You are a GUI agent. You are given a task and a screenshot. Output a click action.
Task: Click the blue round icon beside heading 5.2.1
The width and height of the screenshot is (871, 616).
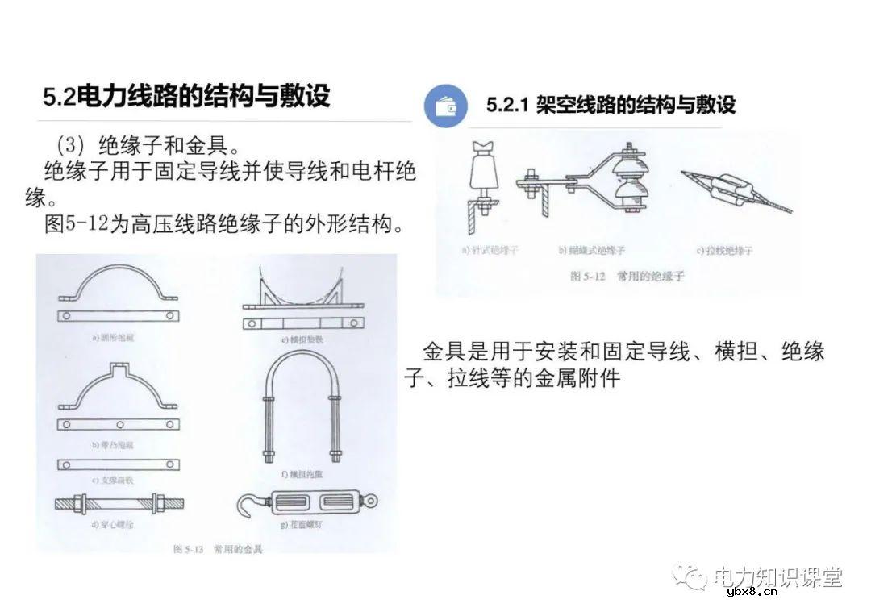point(445,106)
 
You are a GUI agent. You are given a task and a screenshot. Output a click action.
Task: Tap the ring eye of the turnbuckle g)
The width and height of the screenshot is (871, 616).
point(370,502)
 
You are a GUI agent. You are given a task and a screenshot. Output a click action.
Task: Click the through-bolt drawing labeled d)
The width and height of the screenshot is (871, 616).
point(119,504)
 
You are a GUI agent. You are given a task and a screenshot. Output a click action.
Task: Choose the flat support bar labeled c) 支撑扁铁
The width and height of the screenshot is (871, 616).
point(118,464)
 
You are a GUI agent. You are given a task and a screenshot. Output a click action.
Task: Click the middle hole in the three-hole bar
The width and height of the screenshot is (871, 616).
point(118,424)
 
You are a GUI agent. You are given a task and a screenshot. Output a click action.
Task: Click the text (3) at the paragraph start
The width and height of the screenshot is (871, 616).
point(73,146)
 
